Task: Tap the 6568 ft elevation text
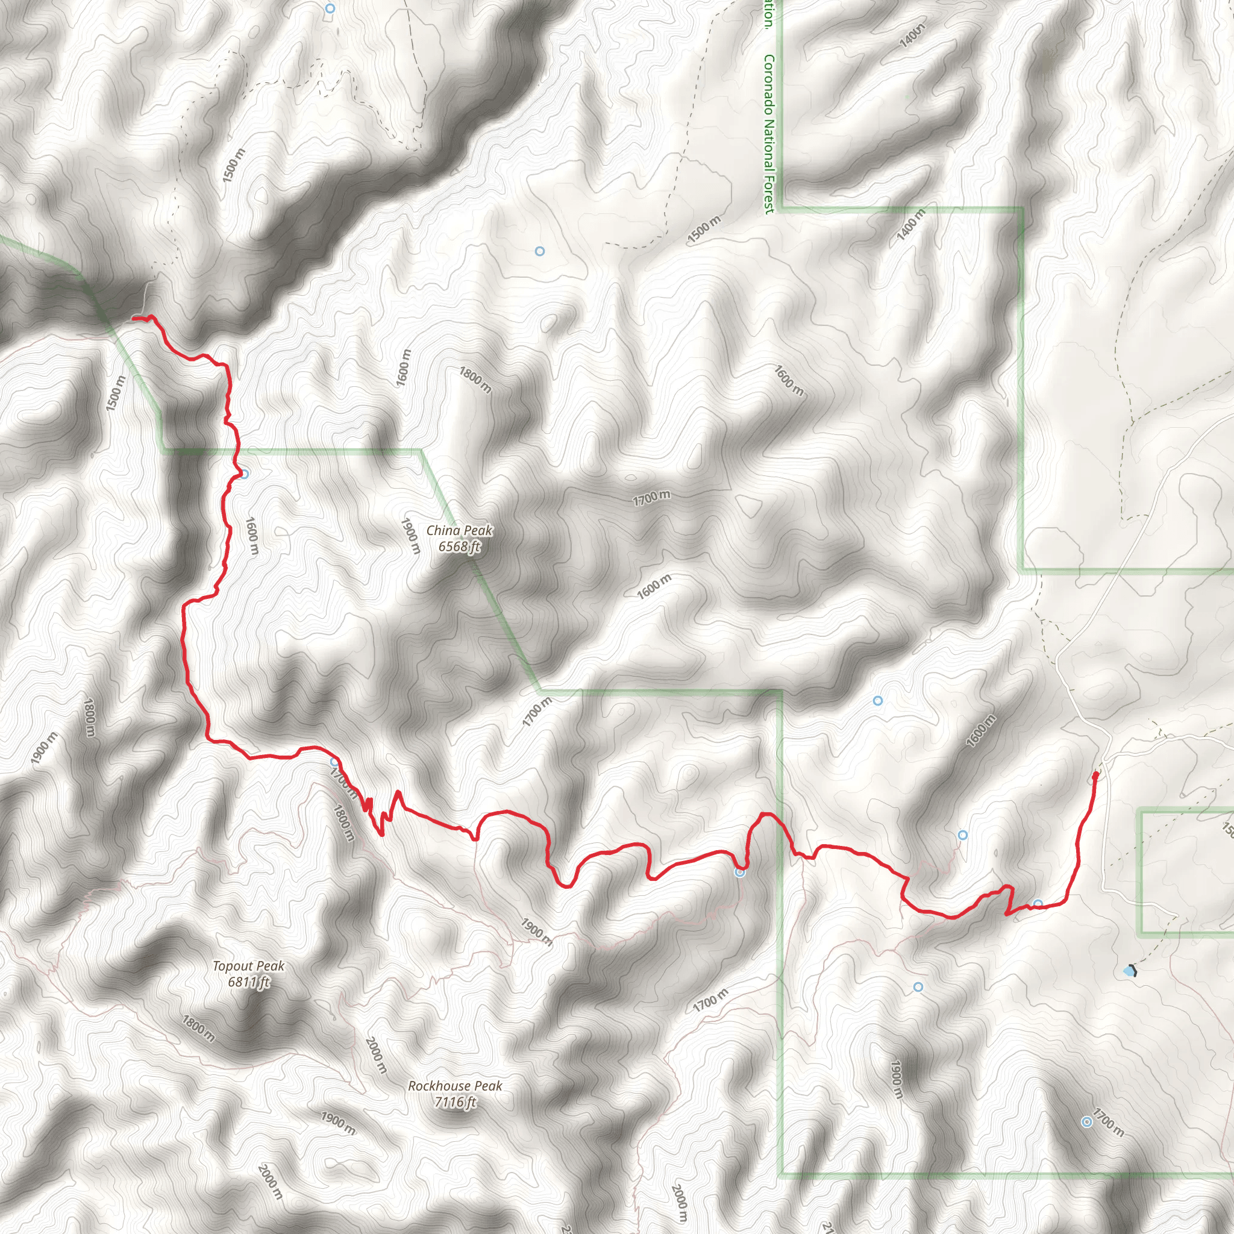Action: click(x=459, y=546)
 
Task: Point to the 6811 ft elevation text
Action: click(x=248, y=982)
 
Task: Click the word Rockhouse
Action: click(x=438, y=1086)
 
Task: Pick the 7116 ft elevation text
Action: click(x=455, y=1102)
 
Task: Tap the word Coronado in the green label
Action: click(x=768, y=86)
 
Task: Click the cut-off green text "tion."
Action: click(x=768, y=13)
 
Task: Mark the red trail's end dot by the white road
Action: click(x=1096, y=775)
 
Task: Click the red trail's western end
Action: click(x=134, y=318)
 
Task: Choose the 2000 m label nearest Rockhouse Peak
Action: click(x=375, y=1054)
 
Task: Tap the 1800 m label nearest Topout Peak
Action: click(x=198, y=1029)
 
